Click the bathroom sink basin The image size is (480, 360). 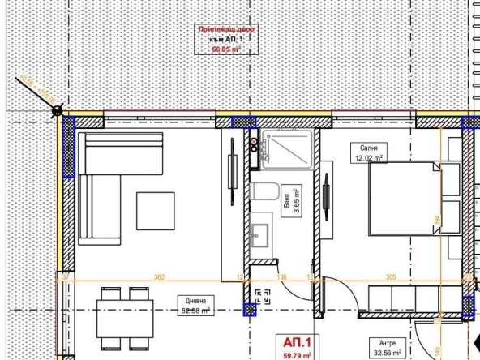click(264, 238)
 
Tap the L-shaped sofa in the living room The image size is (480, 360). click(101, 186)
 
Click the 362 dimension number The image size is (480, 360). click(159, 277)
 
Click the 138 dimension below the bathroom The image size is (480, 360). click(283, 277)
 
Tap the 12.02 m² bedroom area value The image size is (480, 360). click(366, 159)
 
